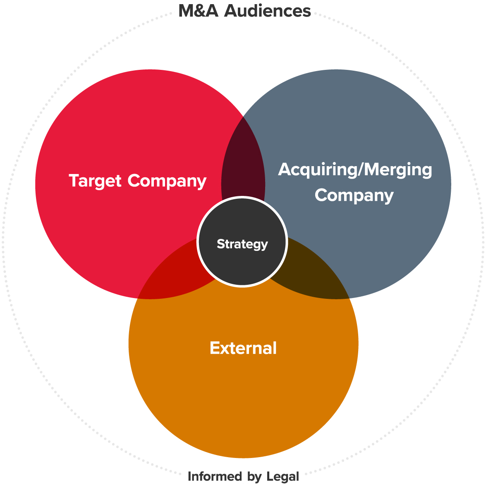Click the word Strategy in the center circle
[x=242, y=244]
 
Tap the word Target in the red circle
[x=96, y=181]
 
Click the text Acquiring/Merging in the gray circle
[x=355, y=170]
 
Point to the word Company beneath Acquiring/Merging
[x=354, y=196]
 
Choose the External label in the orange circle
[x=243, y=348]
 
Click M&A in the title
[x=199, y=11]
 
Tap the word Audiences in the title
[x=268, y=11]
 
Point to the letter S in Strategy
[x=220, y=244]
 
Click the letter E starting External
[x=214, y=348]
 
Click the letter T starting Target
[x=74, y=181]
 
